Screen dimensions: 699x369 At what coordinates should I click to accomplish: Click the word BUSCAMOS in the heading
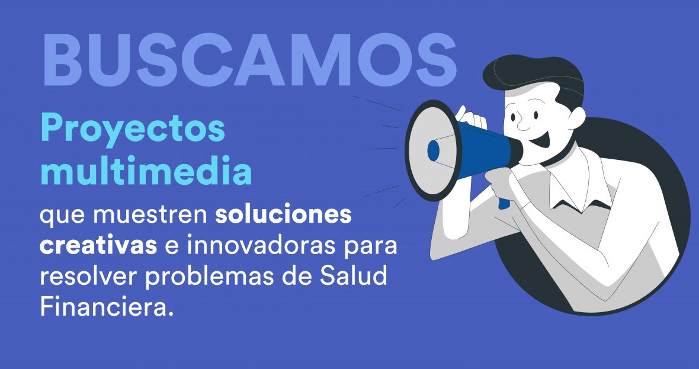click(249, 60)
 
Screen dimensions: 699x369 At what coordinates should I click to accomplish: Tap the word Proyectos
click(133, 129)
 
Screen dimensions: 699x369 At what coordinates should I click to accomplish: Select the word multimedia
click(146, 170)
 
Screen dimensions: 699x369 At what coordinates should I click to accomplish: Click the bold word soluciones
click(284, 214)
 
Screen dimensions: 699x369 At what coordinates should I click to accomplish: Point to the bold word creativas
click(98, 246)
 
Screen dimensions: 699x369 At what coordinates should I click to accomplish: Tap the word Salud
click(358, 276)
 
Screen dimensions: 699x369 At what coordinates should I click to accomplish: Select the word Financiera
click(106, 307)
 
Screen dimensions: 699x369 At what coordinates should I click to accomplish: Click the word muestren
click(150, 216)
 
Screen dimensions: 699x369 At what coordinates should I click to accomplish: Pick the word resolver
click(89, 276)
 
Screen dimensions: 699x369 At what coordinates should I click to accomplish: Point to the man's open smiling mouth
click(543, 140)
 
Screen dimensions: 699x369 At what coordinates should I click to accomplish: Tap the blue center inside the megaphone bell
click(433, 150)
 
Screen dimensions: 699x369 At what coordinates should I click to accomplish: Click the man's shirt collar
click(575, 182)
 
